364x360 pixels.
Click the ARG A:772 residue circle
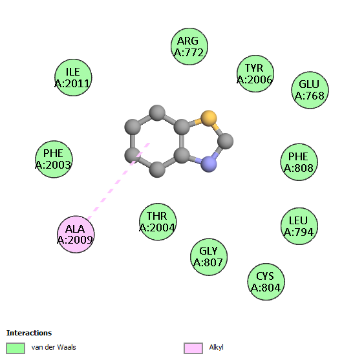(x=189, y=47)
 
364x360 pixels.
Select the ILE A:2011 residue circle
(x=73, y=78)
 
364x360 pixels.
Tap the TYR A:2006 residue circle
(x=255, y=74)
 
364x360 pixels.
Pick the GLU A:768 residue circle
(x=310, y=90)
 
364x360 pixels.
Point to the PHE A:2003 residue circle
(x=54, y=159)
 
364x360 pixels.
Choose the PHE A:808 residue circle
(x=299, y=162)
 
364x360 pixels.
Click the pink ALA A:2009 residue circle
(x=76, y=234)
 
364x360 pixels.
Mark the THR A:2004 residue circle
(x=158, y=222)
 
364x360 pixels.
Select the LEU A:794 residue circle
(x=299, y=226)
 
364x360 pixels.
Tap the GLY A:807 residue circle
(x=208, y=257)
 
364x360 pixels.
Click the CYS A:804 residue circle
(x=266, y=282)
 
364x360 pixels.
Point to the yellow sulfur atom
(x=208, y=118)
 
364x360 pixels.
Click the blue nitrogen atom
(x=209, y=164)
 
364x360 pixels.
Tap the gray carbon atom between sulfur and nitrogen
(x=225, y=141)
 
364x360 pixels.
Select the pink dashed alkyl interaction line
(x=118, y=181)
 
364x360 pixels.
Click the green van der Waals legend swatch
(x=16, y=348)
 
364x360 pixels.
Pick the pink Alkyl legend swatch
(x=193, y=348)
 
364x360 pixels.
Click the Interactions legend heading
(x=29, y=333)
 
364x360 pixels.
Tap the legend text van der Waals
(x=54, y=347)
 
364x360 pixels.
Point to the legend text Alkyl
(x=216, y=347)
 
